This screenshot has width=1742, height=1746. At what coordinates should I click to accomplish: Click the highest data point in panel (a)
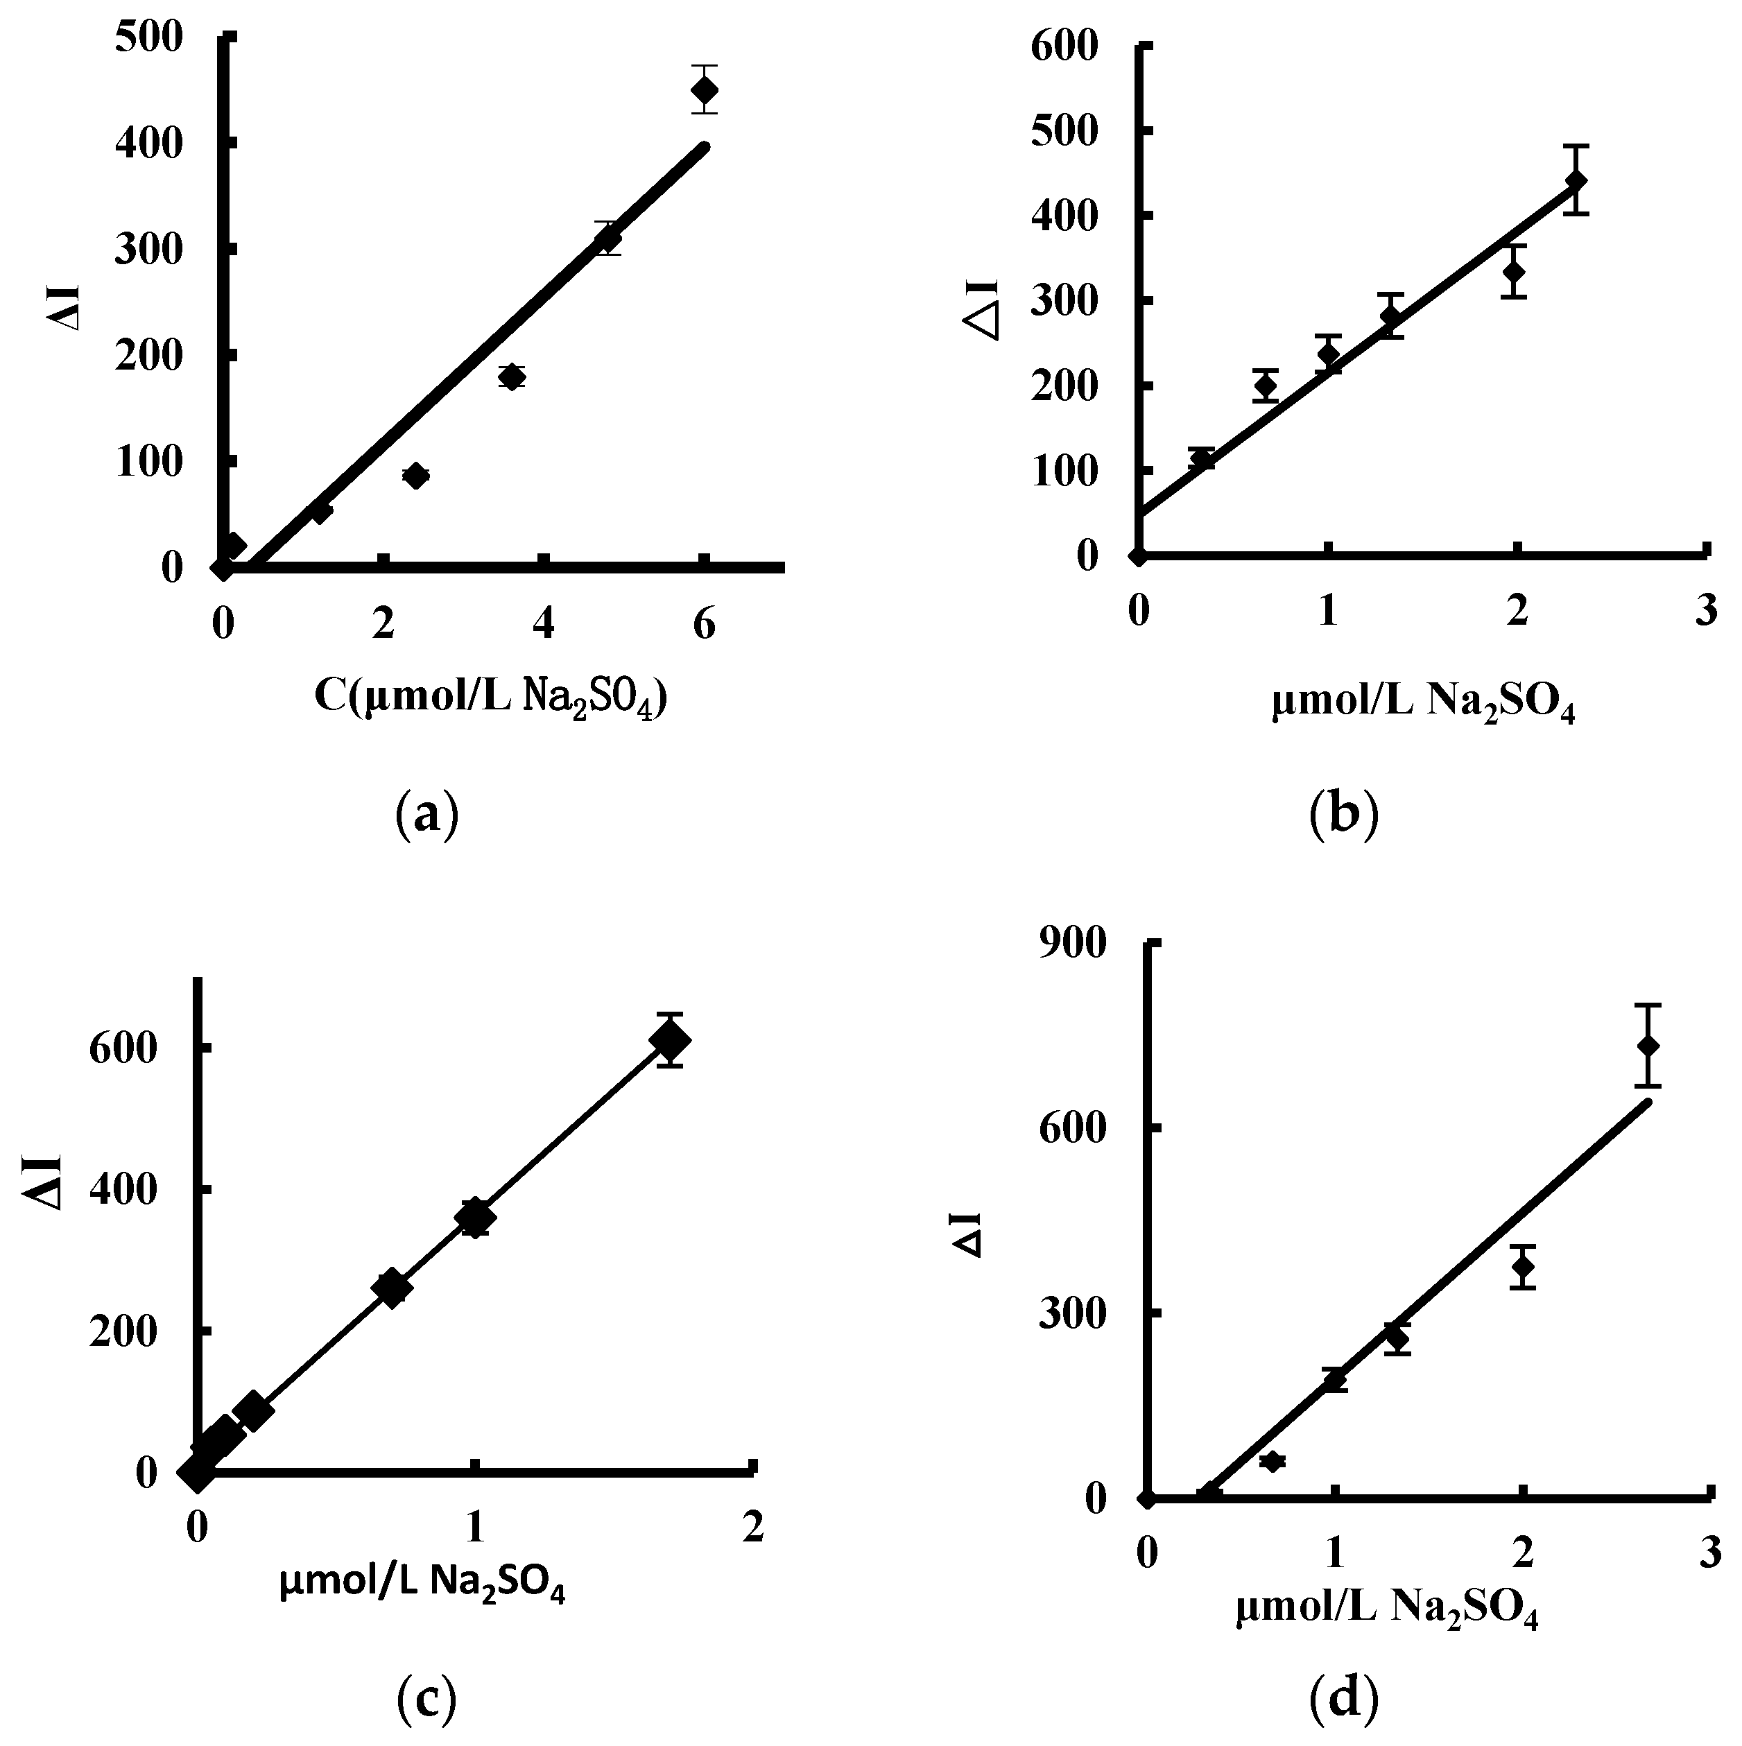[704, 89]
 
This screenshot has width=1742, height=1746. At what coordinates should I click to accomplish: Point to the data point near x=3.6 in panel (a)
[512, 377]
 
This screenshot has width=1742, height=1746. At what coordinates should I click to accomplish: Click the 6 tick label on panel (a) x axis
[703, 625]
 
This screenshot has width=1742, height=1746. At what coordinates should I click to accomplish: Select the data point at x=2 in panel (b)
[1514, 271]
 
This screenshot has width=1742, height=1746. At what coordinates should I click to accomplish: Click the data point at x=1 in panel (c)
[474, 1218]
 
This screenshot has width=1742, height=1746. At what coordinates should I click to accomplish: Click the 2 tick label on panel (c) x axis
[752, 1526]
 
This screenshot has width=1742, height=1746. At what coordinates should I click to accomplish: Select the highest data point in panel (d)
[1648, 1045]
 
